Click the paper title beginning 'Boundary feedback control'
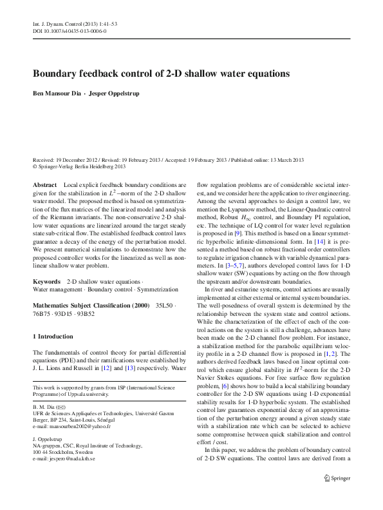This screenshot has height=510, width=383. click(161, 74)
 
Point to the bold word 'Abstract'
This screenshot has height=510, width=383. click(44, 184)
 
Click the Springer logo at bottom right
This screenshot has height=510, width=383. click(337, 495)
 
